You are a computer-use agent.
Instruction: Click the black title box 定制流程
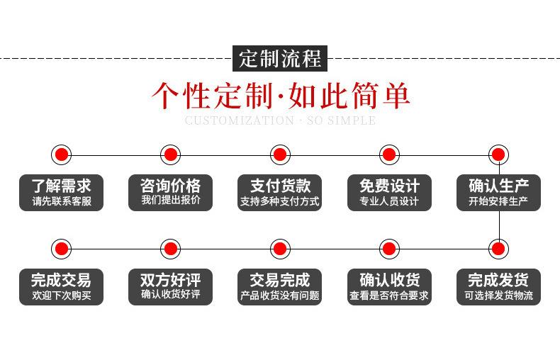point(280,58)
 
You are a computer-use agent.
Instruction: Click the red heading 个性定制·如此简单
point(281,96)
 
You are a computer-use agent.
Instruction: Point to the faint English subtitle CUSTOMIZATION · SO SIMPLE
point(281,120)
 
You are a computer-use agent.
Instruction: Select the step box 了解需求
point(61,193)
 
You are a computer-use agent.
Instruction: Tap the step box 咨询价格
point(170,193)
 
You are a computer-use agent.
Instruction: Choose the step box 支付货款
point(279,193)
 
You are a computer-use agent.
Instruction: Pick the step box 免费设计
point(389,193)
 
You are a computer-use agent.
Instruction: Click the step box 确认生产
point(498,193)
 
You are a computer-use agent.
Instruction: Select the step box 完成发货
point(498,287)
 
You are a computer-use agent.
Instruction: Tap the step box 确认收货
point(389,287)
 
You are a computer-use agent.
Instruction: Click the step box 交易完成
point(279,287)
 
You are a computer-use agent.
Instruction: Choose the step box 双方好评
point(170,287)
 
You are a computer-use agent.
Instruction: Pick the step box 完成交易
point(61,287)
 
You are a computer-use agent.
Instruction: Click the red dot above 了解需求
point(62,154)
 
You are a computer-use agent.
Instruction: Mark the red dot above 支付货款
point(280,154)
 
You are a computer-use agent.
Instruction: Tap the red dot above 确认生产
point(498,154)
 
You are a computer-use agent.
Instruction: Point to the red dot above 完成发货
point(498,249)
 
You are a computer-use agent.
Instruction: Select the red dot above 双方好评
point(171,249)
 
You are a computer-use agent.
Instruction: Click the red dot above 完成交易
point(62,249)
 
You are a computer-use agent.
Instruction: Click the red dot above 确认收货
point(389,249)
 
